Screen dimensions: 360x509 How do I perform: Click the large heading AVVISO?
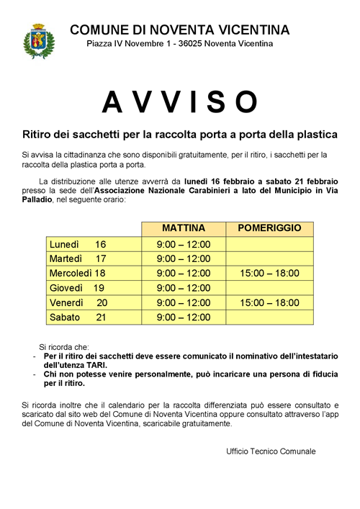click(x=180, y=102)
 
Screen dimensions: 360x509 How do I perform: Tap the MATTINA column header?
click(x=183, y=228)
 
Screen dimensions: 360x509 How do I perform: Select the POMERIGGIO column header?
click(x=269, y=228)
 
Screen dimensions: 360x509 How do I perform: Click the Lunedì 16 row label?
click(x=78, y=244)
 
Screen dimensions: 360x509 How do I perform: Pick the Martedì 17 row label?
click(x=78, y=258)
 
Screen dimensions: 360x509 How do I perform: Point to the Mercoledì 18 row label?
click(x=78, y=273)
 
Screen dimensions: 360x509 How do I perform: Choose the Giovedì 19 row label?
click(x=78, y=288)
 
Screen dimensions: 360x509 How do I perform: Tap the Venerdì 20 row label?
click(x=78, y=302)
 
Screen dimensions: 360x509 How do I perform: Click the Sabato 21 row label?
click(x=78, y=317)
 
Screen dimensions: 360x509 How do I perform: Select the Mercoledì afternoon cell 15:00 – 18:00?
click(x=269, y=273)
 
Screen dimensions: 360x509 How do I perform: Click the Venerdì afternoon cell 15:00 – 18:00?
click(x=269, y=302)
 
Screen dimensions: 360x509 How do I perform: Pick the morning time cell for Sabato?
click(x=183, y=317)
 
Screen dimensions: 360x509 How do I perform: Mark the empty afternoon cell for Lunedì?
click(x=269, y=244)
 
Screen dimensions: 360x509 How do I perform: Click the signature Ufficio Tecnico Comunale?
click(x=271, y=451)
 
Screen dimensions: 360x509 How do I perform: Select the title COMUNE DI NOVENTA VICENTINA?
click(x=180, y=30)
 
